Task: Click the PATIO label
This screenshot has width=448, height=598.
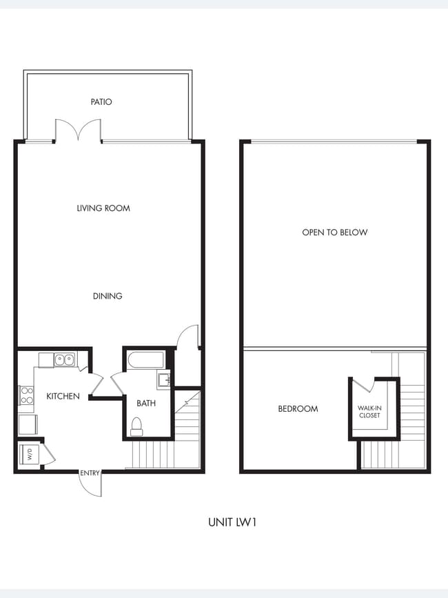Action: (101, 102)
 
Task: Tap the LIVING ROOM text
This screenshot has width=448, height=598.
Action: (103, 208)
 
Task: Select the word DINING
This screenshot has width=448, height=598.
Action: (108, 296)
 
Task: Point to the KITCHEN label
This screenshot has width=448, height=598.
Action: (63, 396)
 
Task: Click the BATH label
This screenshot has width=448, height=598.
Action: (146, 403)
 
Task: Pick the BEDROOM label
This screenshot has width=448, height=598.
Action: (298, 408)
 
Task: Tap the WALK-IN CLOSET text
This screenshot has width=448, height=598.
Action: (369, 412)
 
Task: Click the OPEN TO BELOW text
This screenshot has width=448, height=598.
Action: (335, 232)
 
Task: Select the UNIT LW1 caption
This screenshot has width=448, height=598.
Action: (233, 522)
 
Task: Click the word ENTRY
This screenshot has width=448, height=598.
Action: (90, 472)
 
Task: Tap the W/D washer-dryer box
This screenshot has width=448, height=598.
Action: (29, 455)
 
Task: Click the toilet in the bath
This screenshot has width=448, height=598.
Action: (136, 426)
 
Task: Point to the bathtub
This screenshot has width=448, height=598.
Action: (145, 360)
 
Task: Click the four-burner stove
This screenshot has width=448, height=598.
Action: (26, 395)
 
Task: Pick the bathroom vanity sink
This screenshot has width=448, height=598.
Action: (164, 380)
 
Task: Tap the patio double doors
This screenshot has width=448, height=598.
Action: (78, 131)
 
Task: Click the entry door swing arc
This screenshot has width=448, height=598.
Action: (92, 485)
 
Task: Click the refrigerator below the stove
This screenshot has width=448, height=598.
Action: (28, 423)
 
